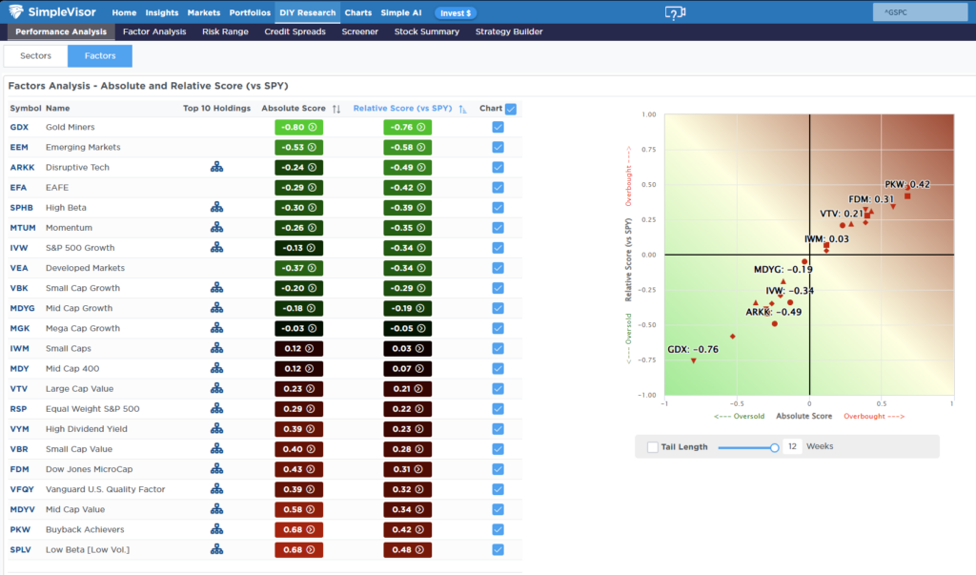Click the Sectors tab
pos(35,56)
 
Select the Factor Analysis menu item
pos(154,31)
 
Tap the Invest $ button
pos(456,13)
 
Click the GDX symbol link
pos(19,127)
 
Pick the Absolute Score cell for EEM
pos(298,148)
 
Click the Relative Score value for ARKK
pos(407,168)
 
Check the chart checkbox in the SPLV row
pos(498,549)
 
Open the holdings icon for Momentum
pos(216,227)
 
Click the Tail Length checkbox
pos(652,446)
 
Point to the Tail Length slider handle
pos(774,447)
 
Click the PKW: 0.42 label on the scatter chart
pos(907,184)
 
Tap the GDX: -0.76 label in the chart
pos(693,350)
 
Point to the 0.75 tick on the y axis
pos(648,150)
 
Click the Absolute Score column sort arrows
pos(336,109)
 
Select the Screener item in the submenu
pos(359,31)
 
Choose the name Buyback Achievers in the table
pos(85,529)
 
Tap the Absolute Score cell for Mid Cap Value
pos(298,509)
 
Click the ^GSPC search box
pos(920,11)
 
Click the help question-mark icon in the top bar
pos(675,12)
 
